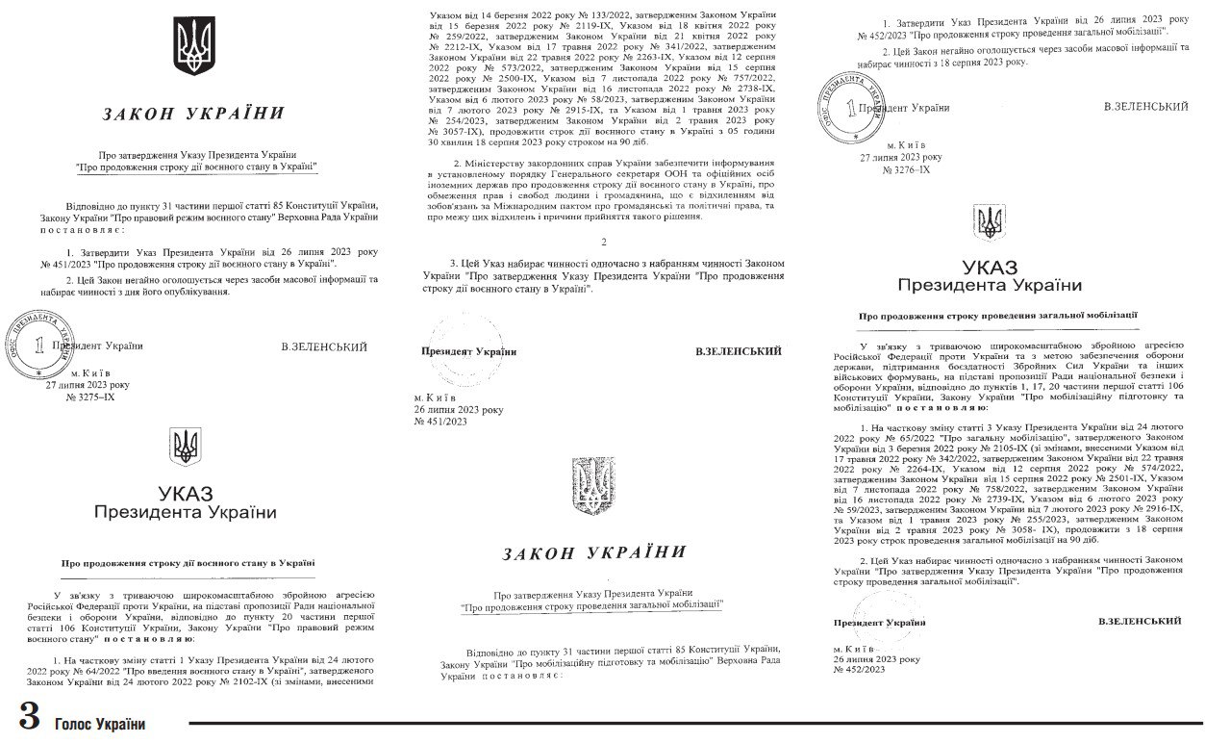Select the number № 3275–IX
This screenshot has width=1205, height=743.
pyautogui.click(x=89, y=397)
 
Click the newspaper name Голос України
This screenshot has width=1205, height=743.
pyautogui.click(x=100, y=724)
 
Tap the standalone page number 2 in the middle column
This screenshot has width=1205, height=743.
pyautogui.click(x=603, y=240)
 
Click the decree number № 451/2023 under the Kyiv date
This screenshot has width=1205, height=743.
pyautogui.click(x=439, y=421)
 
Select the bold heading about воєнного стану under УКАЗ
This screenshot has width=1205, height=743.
pyautogui.click(x=188, y=562)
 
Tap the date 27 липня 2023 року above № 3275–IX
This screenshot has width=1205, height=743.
pyautogui.click(x=88, y=384)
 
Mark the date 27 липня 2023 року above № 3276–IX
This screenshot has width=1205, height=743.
pyautogui.click(x=901, y=156)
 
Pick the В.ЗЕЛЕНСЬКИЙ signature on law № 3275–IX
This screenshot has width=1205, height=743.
pyautogui.click(x=324, y=346)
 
